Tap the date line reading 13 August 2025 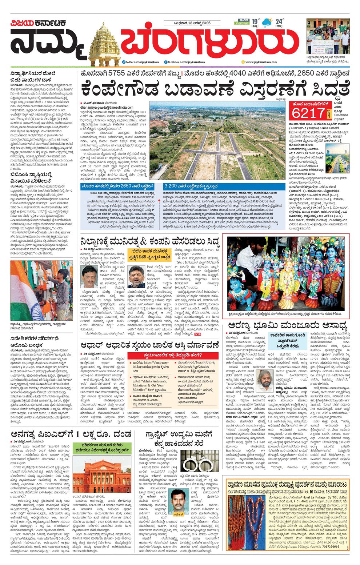192,24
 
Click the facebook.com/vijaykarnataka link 185,62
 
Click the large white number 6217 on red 308,113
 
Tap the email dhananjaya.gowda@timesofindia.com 102,108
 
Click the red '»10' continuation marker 197,334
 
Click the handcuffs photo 199,462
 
